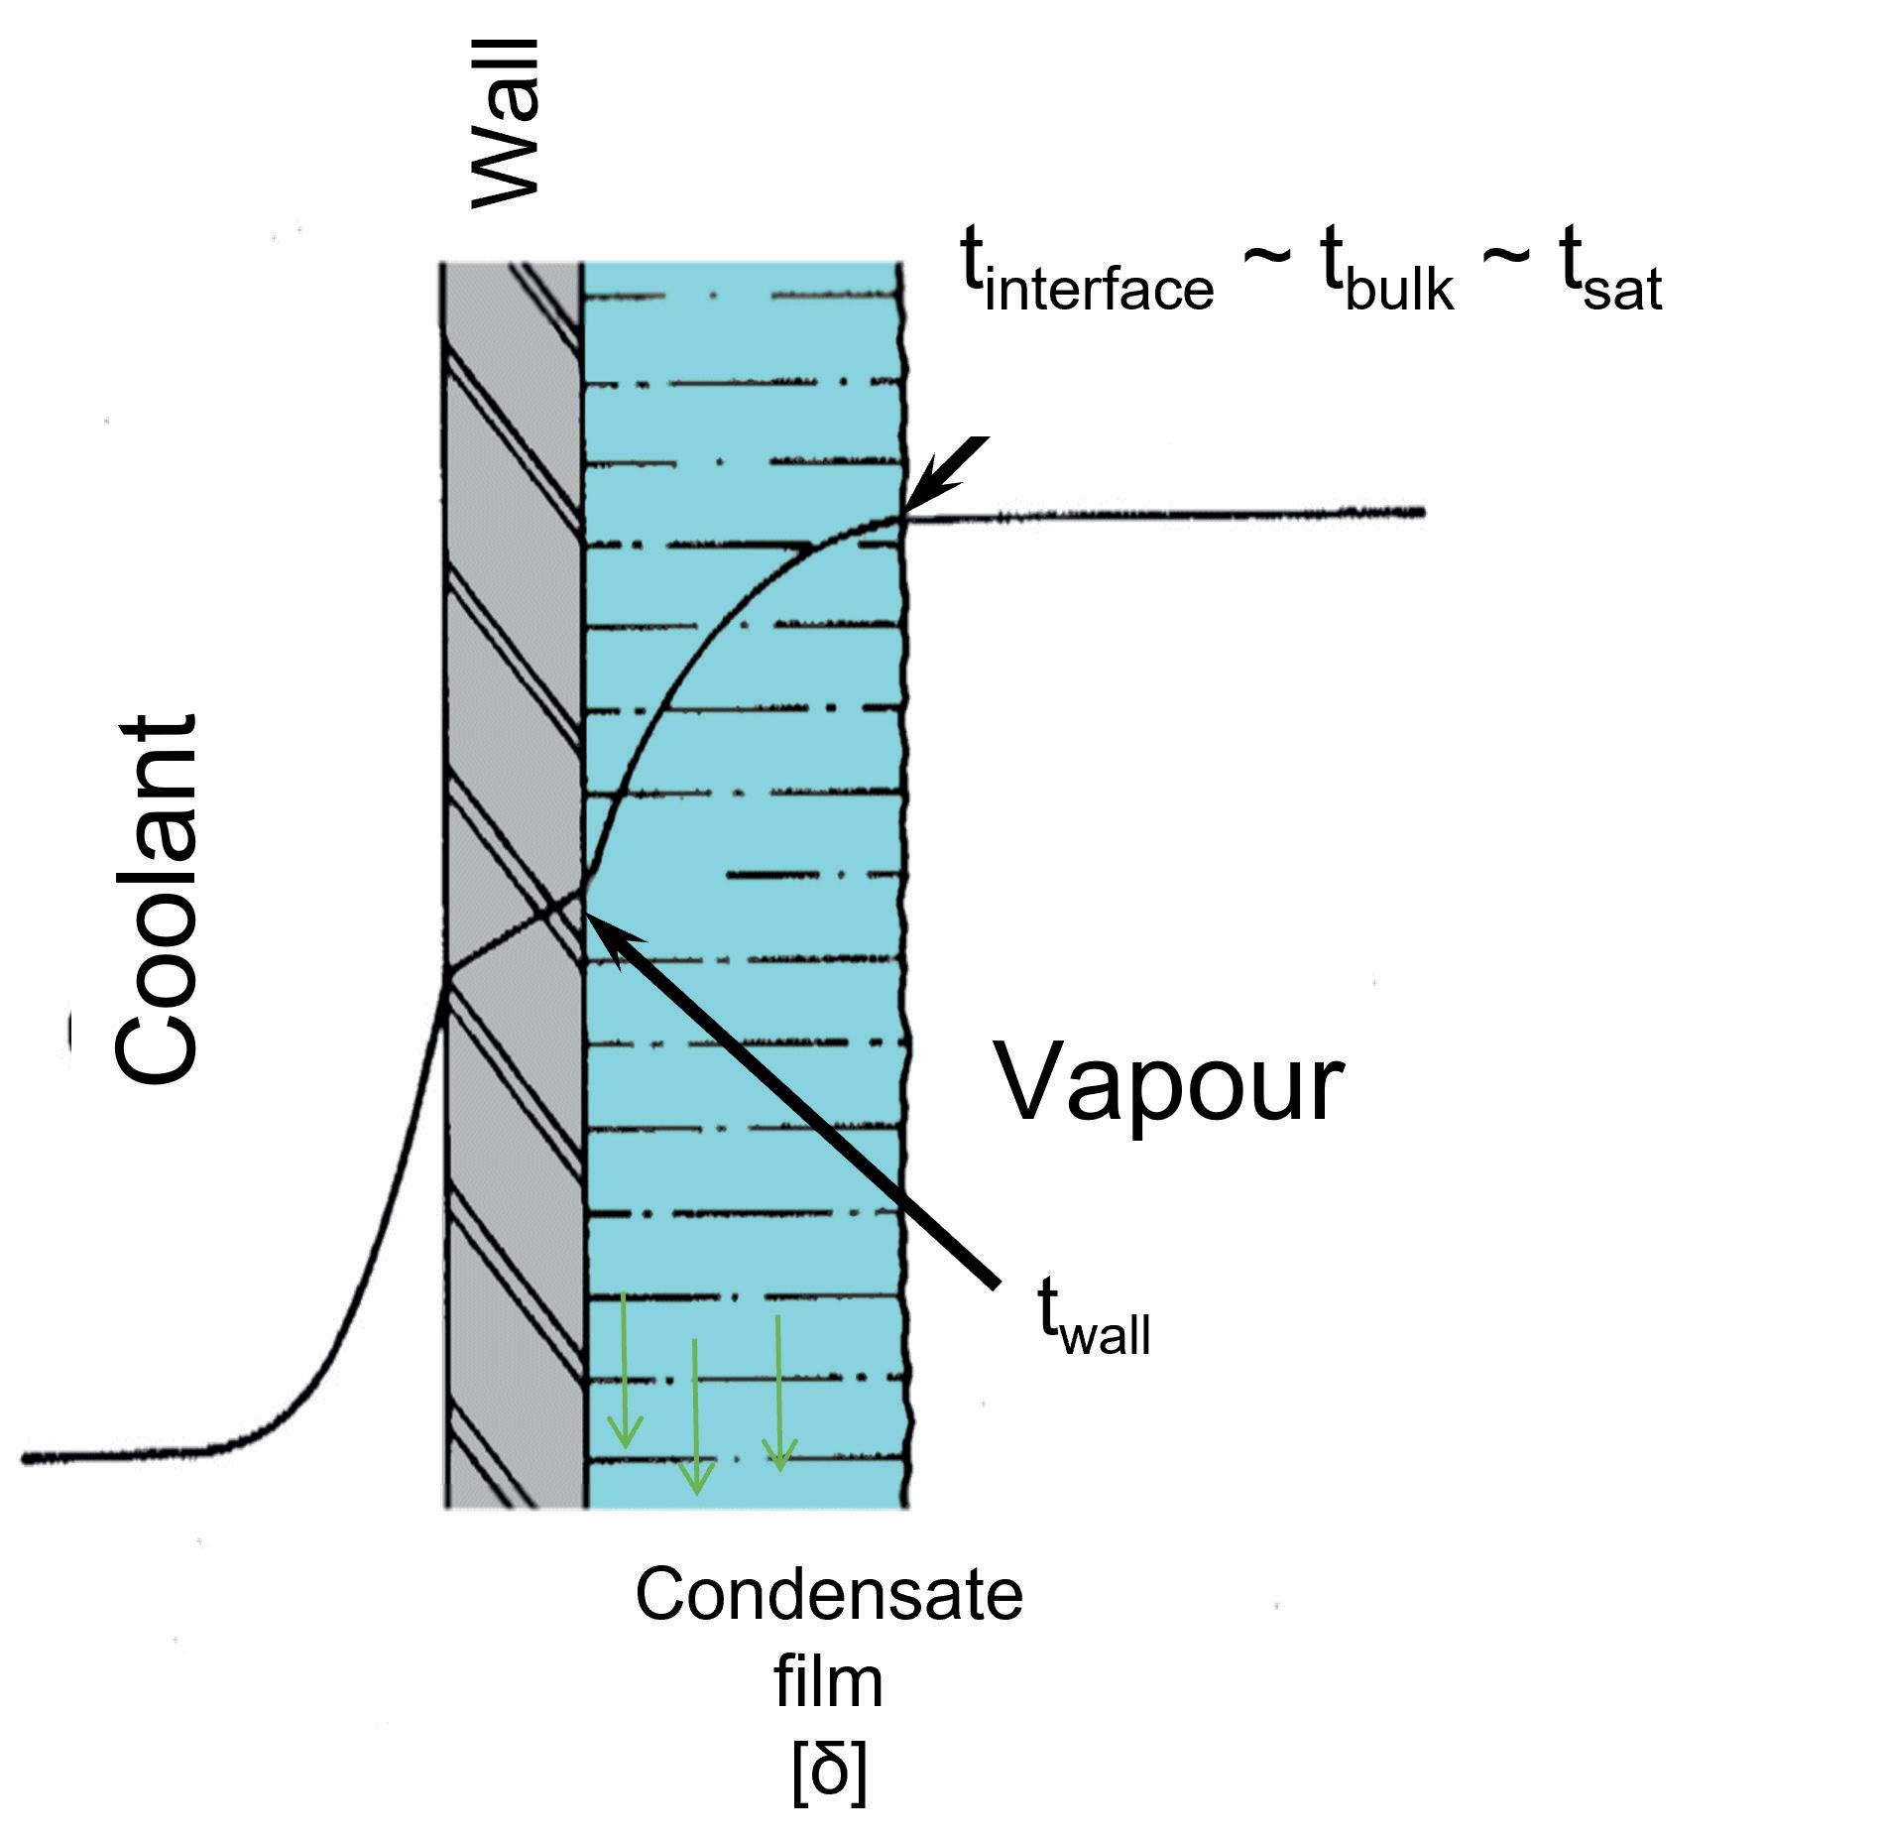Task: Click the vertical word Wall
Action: click(x=506, y=124)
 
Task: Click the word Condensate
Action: click(x=829, y=1596)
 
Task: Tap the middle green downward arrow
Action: click(x=696, y=1418)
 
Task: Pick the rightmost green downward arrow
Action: click(x=779, y=1394)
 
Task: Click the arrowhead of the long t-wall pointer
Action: click(x=605, y=927)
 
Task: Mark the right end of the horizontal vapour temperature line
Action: click(x=1422, y=513)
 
